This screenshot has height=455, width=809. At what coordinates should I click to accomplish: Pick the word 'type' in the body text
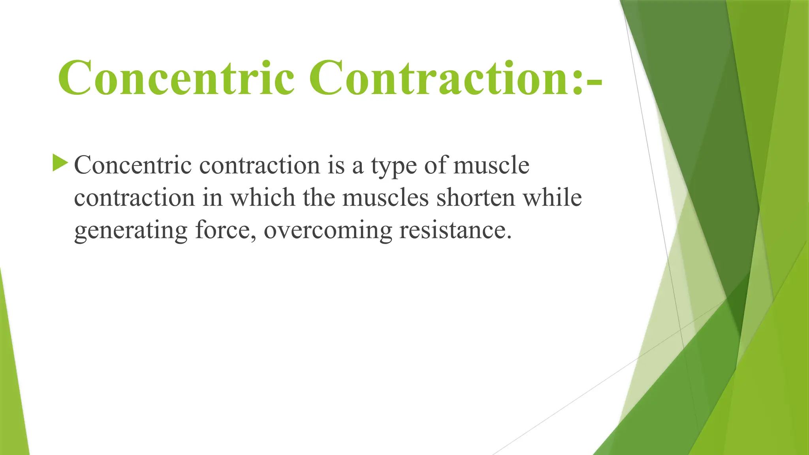(x=393, y=166)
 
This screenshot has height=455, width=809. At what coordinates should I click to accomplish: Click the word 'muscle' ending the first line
(x=491, y=165)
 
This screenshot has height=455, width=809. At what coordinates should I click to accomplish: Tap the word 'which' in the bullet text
(x=263, y=197)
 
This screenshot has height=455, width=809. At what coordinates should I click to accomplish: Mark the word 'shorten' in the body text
(x=476, y=197)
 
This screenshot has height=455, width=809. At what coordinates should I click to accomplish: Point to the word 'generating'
(x=130, y=231)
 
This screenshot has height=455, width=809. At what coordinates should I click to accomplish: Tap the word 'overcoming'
(x=328, y=231)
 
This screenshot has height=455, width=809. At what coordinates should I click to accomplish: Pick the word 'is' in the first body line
(x=336, y=165)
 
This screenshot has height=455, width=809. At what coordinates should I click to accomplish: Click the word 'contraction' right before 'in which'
(x=134, y=197)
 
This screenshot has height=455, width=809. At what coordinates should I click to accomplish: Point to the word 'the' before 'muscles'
(x=318, y=197)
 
